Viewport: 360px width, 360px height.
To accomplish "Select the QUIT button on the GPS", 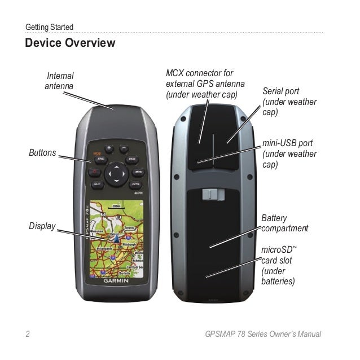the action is click(97, 183).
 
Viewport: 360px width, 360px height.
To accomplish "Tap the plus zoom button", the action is click(109, 149).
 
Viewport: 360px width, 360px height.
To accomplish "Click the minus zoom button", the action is click(124, 149).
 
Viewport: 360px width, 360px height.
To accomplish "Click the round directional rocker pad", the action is click(117, 173).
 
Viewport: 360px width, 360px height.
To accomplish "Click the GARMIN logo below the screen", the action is click(115, 280).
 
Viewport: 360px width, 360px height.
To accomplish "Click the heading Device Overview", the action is click(70, 43).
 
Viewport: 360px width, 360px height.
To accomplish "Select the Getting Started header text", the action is click(50, 27).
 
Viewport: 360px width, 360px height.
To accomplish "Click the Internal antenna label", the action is click(59, 80).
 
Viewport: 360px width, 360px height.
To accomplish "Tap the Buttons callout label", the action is click(42, 152).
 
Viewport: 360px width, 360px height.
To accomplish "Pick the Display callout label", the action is click(42, 226).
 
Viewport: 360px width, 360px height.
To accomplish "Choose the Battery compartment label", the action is click(284, 223).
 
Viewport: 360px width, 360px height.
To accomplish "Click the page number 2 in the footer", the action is click(27, 334).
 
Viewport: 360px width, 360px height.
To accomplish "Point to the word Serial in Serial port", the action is click(273, 91).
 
